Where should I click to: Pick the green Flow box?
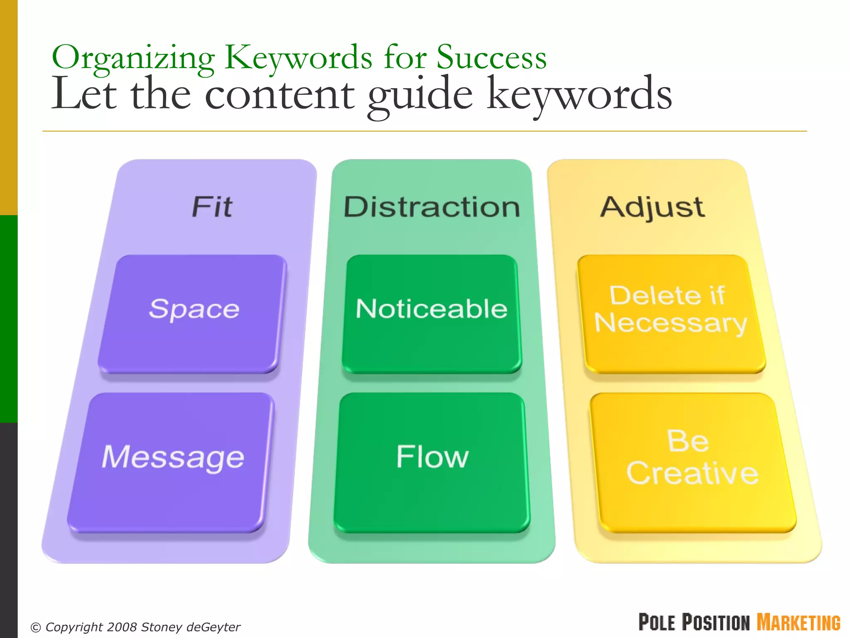point(432,461)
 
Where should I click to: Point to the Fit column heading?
point(212,206)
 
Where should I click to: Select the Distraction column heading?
point(432,206)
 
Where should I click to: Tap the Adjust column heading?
point(652,206)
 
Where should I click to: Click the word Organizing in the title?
point(133,58)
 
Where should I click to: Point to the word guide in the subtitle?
point(420,96)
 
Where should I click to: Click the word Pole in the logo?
point(657,623)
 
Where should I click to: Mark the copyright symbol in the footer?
point(36,627)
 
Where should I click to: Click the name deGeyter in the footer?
point(213,627)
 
